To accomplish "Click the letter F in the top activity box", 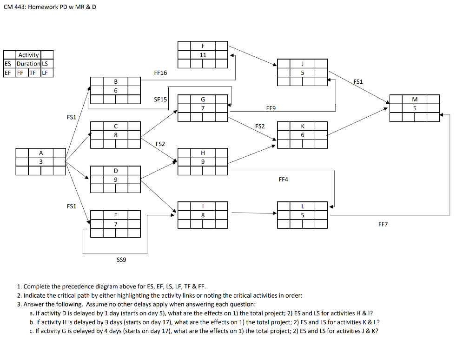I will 203,46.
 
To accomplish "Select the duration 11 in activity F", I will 203,55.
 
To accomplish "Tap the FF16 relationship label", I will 160,73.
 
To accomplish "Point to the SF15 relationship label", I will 160,100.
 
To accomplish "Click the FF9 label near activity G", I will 271,108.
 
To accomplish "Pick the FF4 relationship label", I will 284,179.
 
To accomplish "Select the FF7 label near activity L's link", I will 383,224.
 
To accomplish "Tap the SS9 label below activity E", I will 121,260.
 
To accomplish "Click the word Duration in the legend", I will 28,64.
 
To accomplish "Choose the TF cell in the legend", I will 32,73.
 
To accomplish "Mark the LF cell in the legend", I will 45,73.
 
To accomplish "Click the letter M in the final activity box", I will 415,99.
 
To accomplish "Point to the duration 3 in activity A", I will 41,161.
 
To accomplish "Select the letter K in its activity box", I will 303,126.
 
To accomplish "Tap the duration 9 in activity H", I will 203,161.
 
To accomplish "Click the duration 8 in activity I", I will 203,215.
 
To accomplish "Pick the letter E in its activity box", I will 116,215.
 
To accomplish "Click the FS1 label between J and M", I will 358,81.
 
